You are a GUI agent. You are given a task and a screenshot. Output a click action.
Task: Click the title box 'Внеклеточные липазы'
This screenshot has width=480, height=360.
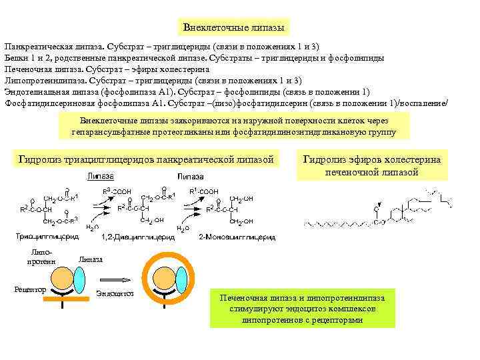coord(235,27)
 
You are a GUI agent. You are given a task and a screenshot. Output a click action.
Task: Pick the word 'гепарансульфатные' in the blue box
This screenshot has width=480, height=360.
coord(106,132)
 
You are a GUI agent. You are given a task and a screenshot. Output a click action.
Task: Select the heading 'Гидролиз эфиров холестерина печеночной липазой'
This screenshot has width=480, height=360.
coord(371,166)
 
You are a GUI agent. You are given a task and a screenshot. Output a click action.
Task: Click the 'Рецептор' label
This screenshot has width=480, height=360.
coord(29,289)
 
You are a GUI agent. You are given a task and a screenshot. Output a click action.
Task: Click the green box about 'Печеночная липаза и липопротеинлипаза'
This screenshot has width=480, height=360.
coord(302,307)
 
